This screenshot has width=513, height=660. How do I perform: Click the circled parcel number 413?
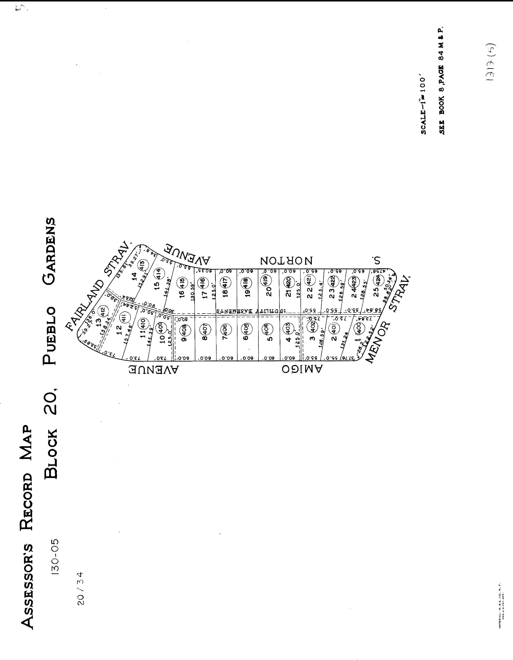point(142,266)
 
